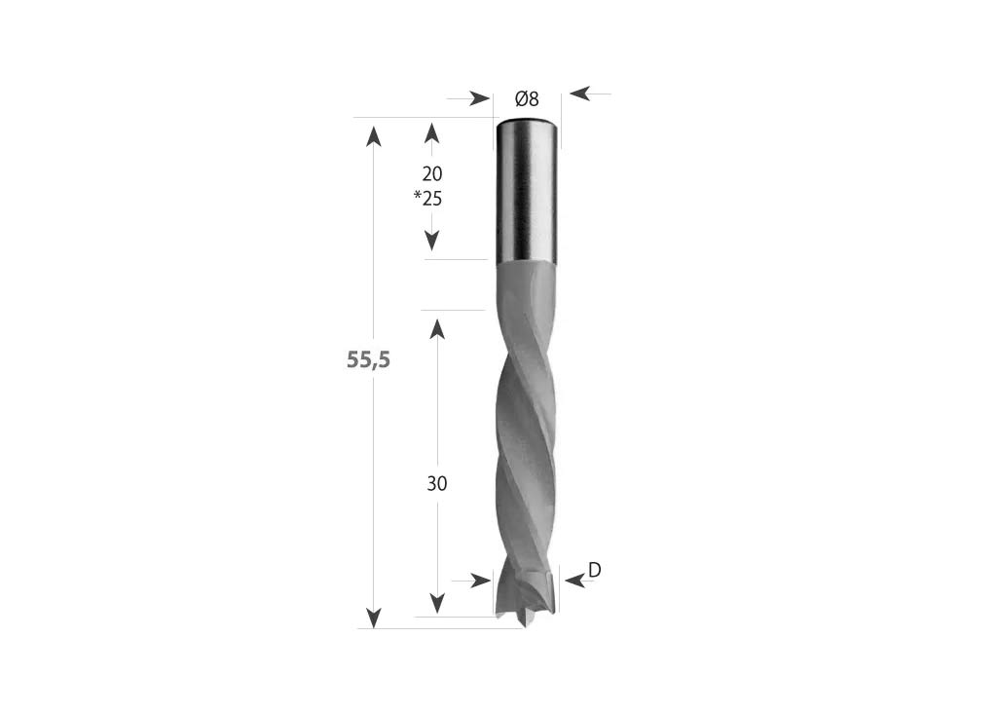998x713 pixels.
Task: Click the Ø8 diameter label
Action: click(x=527, y=99)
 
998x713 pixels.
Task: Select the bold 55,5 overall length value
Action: click(x=368, y=360)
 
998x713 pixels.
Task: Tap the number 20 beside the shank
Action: click(x=432, y=173)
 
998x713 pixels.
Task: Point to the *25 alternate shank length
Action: click(x=427, y=199)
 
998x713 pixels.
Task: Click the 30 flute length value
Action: click(x=436, y=484)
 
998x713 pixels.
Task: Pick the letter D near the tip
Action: click(x=595, y=570)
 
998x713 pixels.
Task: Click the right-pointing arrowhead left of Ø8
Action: click(x=481, y=98)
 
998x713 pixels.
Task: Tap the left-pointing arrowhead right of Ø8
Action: click(x=580, y=94)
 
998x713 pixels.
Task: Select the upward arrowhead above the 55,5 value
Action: click(x=374, y=136)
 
